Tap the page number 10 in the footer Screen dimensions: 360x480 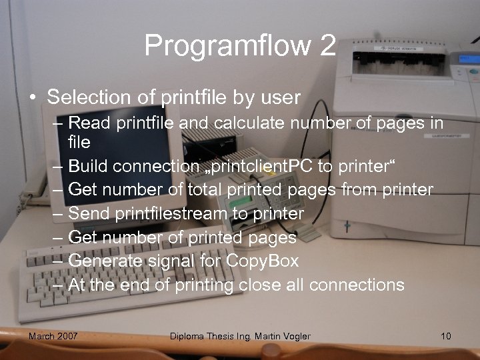point(446,336)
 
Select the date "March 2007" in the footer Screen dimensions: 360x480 point(53,336)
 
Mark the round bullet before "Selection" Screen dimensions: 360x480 point(32,98)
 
